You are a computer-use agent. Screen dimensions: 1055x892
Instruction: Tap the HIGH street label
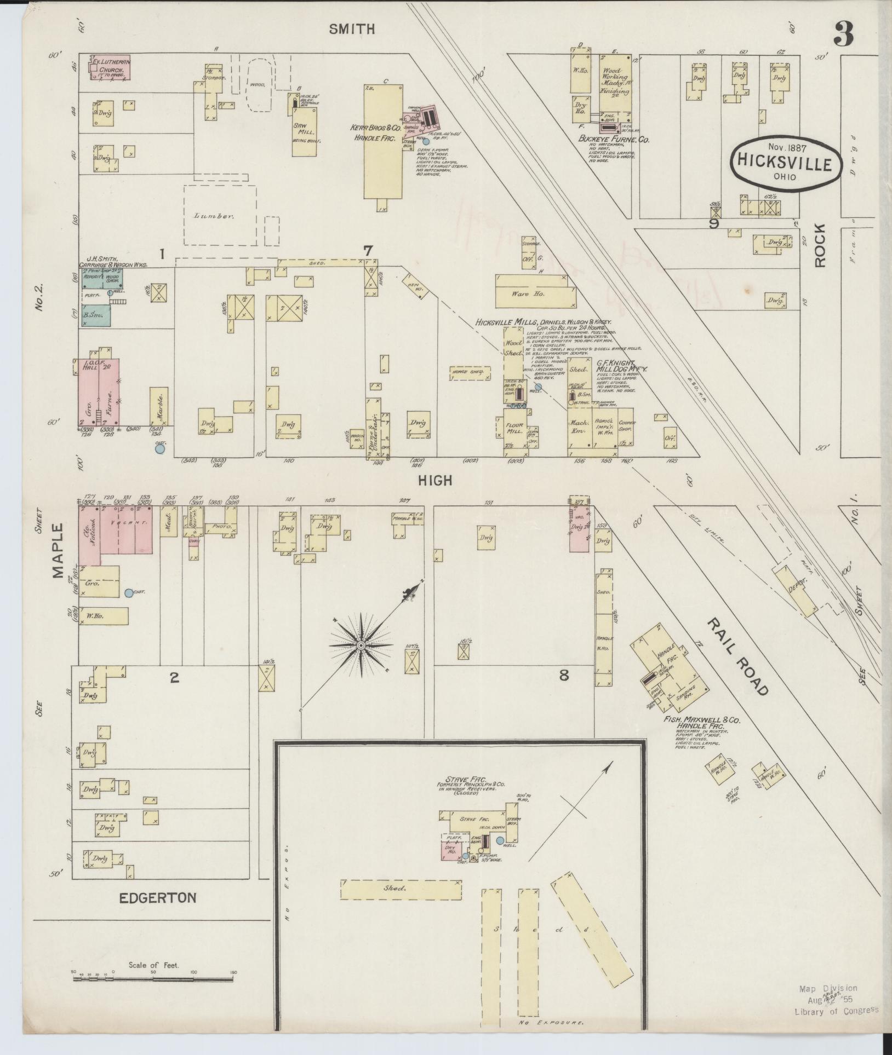(436, 481)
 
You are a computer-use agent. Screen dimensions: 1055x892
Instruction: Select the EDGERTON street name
(157, 898)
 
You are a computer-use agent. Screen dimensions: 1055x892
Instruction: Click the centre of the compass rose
(361, 647)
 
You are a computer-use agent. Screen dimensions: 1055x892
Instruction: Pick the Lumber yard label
(220, 216)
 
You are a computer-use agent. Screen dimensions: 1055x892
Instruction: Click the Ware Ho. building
(536, 293)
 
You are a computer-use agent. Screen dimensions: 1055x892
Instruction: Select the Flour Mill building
(515, 430)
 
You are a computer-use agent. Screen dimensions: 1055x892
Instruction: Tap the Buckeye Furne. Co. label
(614, 140)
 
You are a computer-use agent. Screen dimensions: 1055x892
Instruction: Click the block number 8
(563, 676)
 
